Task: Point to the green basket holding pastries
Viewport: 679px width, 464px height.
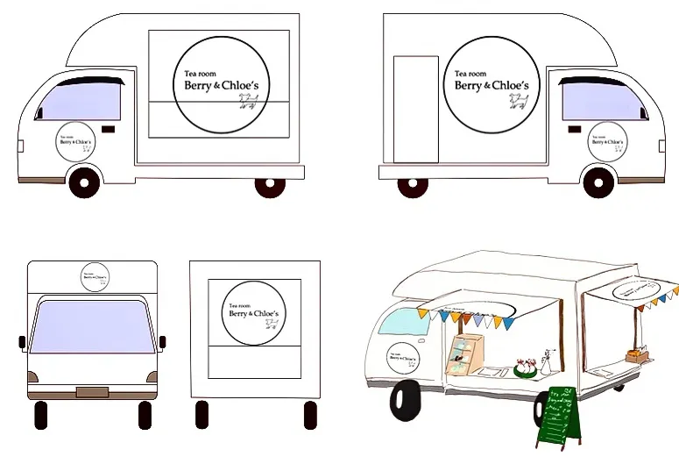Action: coord(526,368)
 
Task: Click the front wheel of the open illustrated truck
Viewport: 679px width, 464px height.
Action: coord(408,399)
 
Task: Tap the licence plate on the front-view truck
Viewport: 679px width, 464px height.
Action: coord(92,391)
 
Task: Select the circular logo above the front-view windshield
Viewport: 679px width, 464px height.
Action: coord(94,275)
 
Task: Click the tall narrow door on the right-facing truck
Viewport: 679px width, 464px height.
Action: coord(415,109)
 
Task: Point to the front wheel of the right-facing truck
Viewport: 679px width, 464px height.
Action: coord(598,182)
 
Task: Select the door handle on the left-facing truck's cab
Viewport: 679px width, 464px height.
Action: coord(109,130)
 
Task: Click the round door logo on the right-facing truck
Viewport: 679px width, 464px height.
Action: coord(605,143)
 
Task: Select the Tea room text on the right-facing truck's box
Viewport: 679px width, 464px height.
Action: coord(470,74)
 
